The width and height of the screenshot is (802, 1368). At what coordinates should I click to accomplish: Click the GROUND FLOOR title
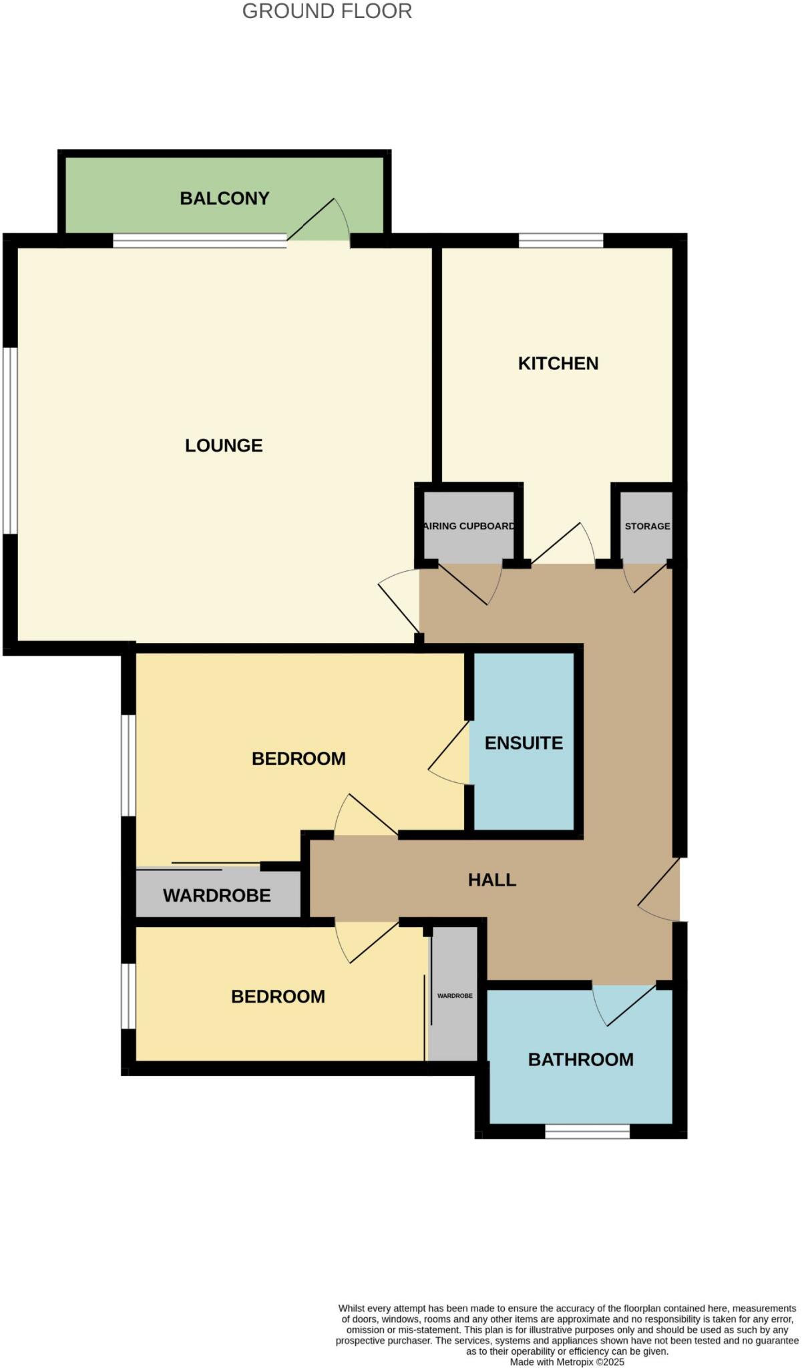coord(327,11)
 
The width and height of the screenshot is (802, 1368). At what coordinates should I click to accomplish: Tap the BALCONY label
coord(224,198)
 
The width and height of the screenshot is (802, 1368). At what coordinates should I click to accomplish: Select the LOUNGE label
coord(224,446)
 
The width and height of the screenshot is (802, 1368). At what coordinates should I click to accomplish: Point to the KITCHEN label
coord(558,363)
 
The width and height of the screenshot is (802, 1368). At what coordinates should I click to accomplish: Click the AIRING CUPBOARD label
coord(469,526)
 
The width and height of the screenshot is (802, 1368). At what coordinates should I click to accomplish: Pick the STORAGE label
coord(647,526)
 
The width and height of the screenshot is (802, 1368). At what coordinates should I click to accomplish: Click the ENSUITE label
coord(524,743)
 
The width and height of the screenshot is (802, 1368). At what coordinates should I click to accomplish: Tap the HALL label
coord(492,880)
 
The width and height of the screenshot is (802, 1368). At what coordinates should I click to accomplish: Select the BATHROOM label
coord(580,1059)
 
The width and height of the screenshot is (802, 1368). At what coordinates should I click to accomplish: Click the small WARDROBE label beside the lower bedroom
coord(455,996)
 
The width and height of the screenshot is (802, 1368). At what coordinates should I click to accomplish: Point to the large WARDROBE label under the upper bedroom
coord(217,896)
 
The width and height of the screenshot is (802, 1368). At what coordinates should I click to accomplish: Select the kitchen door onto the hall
coord(564,544)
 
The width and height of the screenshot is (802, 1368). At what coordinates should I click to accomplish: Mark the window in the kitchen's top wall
coord(561,240)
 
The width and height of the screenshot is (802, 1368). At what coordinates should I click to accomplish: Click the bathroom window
coord(587,1131)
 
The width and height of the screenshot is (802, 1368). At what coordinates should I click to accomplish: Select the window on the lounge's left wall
coord(9,440)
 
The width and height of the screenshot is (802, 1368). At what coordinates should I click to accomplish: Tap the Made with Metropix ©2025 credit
coord(567,1361)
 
